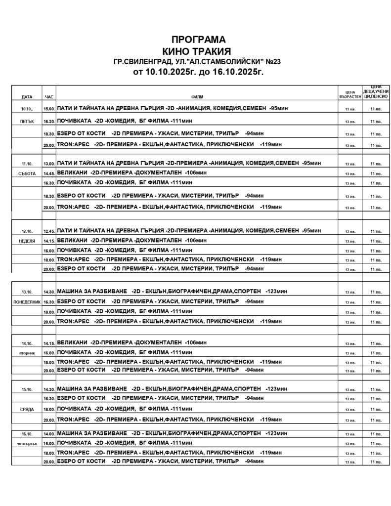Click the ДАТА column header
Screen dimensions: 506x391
click(x=27, y=96)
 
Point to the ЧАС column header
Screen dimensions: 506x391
click(x=48, y=96)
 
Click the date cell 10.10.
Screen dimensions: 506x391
click(x=27, y=109)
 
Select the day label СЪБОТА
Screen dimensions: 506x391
click(x=27, y=173)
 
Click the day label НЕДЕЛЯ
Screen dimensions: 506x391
click(x=27, y=241)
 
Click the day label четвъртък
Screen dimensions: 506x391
click(x=27, y=444)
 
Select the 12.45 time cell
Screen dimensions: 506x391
click(x=48, y=231)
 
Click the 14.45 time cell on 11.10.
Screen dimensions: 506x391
click(x=48, y=173)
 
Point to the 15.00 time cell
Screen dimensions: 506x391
click(x=48, y=109)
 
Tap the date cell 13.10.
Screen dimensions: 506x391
click(x=27, y=292)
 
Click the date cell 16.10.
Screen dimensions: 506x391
click(x=27, y=433)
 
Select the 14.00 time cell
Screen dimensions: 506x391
click(x=48, y=433)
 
